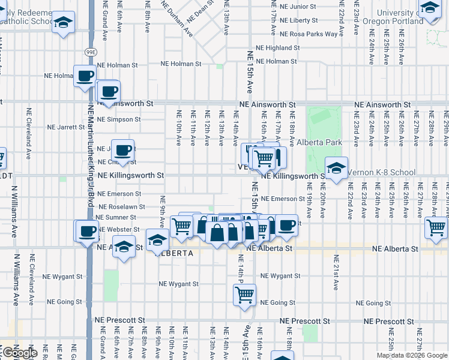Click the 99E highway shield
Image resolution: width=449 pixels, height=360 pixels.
click(x=91, y=52)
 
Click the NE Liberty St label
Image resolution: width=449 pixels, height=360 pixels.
click(x=295, y=20)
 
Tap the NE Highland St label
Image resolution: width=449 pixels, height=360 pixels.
click(x=282, y=48)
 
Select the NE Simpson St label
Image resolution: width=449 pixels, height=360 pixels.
click(x=119, y=119)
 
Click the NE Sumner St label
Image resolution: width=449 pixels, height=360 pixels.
click(x=116, y=217)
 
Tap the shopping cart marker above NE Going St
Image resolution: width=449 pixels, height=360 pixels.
click(x=244, y=294)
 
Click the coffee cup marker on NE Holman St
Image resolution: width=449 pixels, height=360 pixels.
click(x=85, y=76)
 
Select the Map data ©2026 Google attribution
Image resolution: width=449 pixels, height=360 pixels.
click(x=412, y=355)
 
